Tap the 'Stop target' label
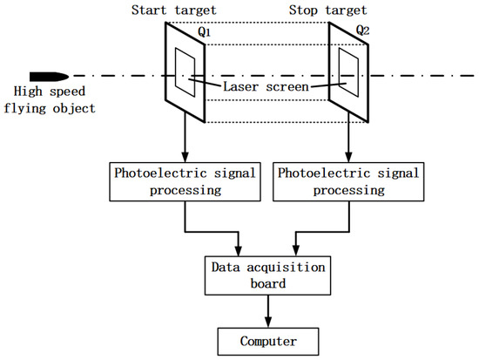point(334,10)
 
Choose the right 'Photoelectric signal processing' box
point(347,180)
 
